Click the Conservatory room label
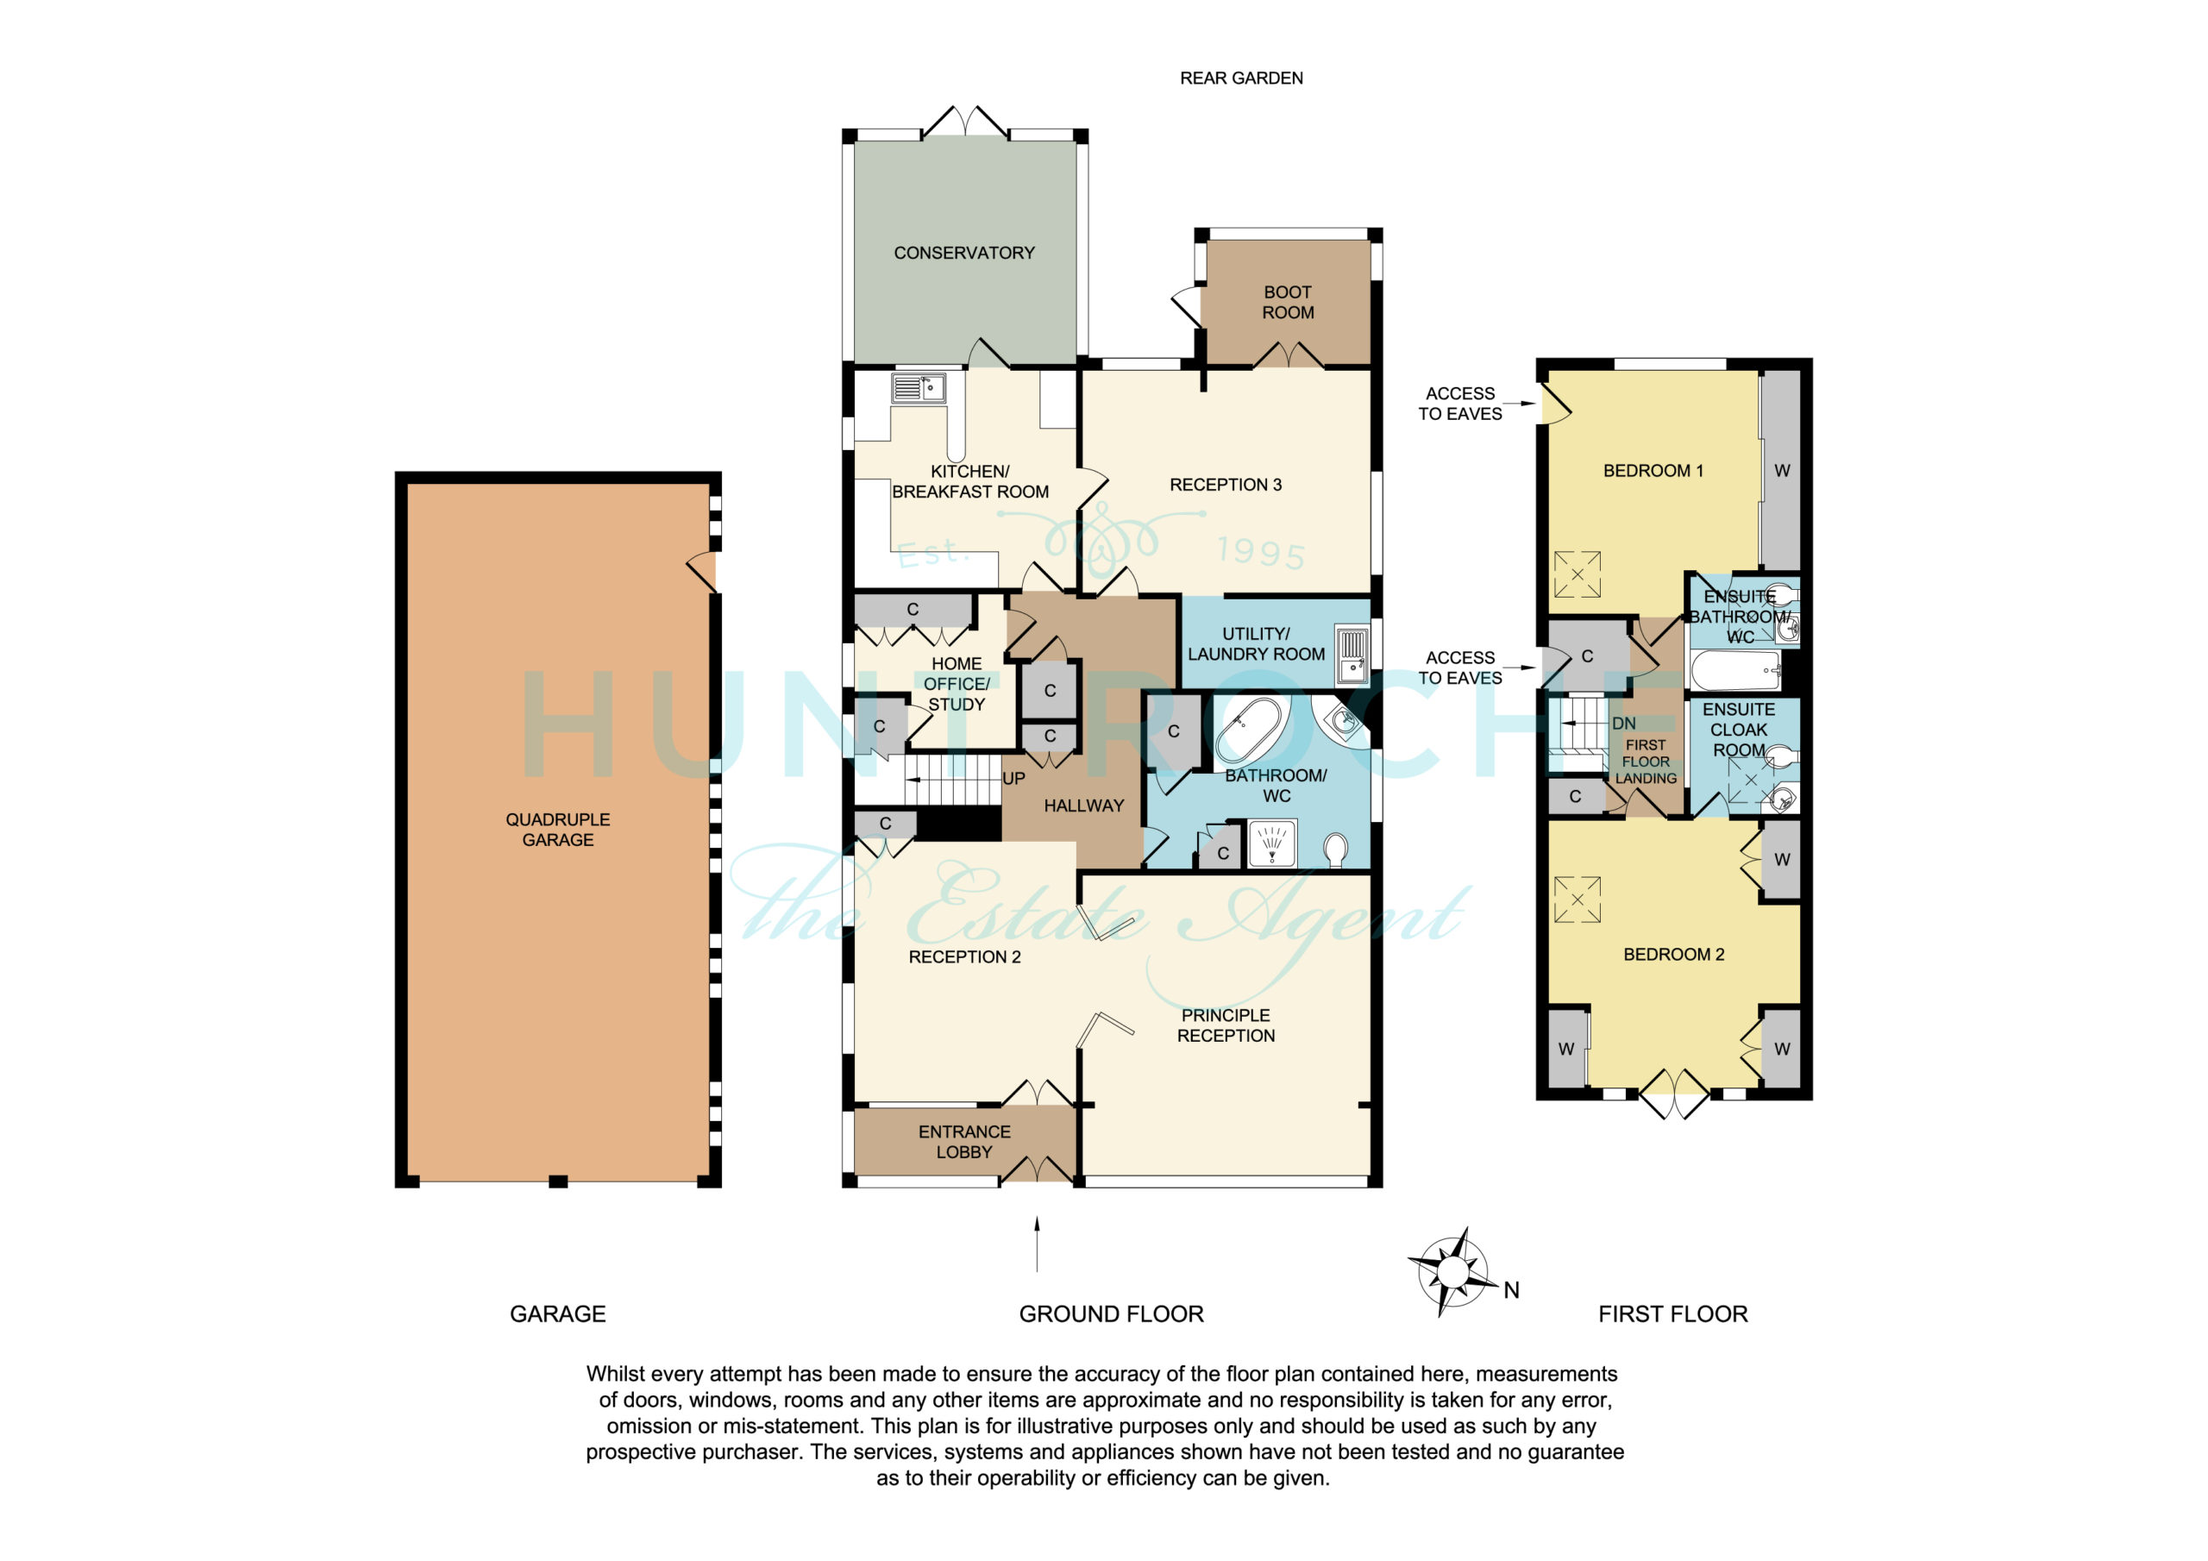coord(963,253)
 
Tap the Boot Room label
coord(1288,302)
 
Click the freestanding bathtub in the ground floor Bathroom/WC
coord(1249,730)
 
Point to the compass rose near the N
coord(1452,1272)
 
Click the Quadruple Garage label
coord(558,829)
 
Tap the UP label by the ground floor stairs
coord(1013,778)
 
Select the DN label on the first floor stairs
coord(1623,724)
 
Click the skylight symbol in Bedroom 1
coord(1578,574)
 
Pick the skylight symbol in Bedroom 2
coord(1578,900)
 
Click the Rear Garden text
coord(1241,78)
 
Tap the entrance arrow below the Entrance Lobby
coord(1037,1244)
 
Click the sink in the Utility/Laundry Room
coord(1352,654)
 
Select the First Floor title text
coord(1672,1313)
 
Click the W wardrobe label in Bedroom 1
coord(1782,470)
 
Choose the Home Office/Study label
coord(956,684)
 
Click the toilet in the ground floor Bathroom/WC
coord(1336,849)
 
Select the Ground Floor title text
coord(1111,1313)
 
